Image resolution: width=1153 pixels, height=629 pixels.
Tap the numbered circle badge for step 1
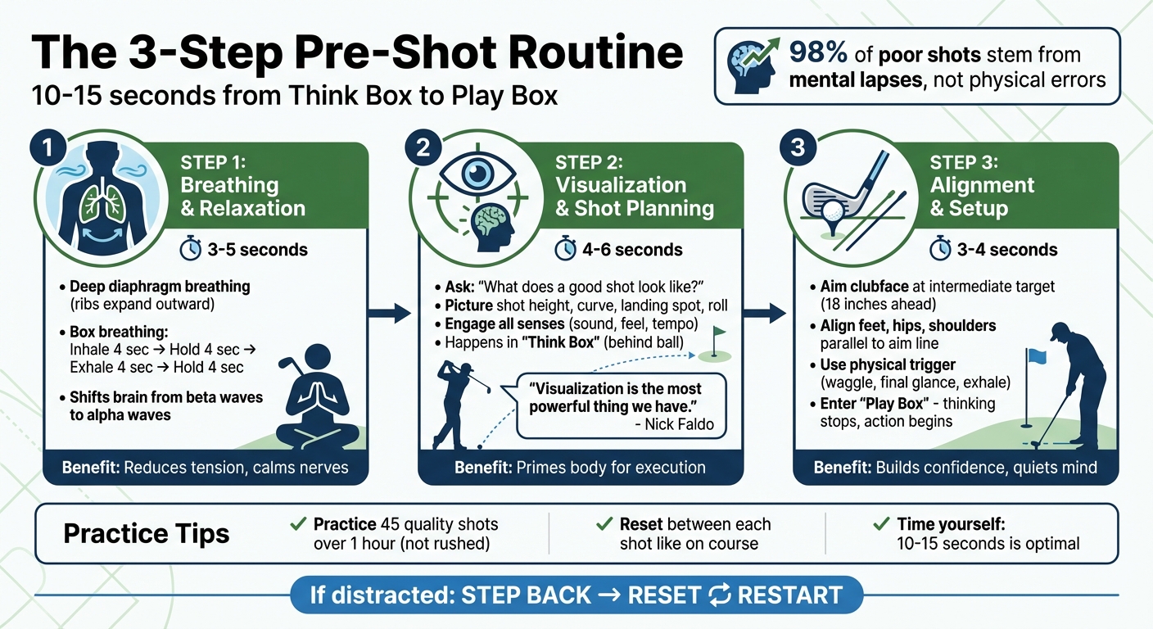pos(47,149)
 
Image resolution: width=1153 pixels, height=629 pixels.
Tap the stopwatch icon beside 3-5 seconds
pos(190,249)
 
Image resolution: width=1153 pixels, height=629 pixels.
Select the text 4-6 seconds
pos(633,249)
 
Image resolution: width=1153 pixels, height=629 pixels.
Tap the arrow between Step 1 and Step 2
pos(391,312)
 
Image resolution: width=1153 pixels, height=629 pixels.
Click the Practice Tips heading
pos(147,535)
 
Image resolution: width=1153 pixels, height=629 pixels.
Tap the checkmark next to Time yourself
pos(882,524)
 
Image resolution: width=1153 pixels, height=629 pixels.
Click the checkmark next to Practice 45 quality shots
pos(299,524)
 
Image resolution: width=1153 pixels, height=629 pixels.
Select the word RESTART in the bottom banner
pos(789,595)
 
